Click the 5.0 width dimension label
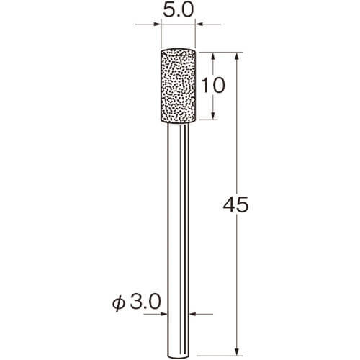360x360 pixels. [x=178, y=11]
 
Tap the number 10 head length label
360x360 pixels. [x=213, y=86]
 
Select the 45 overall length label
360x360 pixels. [x=235, y=204]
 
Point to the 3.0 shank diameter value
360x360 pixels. [x=145, y=302]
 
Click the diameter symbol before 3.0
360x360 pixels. [x=119, y=303]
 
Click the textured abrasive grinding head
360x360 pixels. [x=178, y=86]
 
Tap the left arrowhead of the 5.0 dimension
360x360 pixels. [x=156, y=24]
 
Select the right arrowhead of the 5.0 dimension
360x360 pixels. [x=199, y=24]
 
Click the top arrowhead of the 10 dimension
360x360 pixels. [x=213, y=56]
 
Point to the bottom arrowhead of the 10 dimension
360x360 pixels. [x=213, y=116]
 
